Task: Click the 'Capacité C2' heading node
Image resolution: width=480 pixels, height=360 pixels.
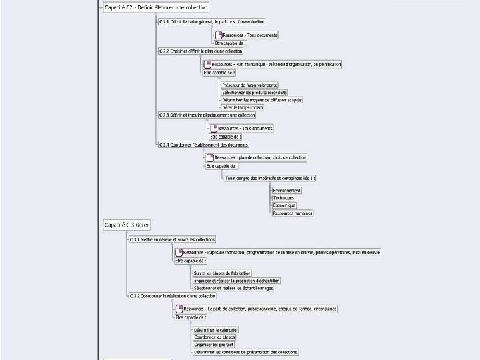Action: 156,8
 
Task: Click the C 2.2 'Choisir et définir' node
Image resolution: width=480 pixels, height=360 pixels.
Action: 201,51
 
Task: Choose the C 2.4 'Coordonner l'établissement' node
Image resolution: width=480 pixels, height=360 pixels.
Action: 203,144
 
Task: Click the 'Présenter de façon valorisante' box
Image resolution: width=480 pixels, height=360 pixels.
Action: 249,85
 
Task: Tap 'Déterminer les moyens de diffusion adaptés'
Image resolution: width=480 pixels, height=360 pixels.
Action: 262,99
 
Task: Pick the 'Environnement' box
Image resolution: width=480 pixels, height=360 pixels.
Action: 287,190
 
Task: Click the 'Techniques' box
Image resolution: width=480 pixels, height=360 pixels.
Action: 283,198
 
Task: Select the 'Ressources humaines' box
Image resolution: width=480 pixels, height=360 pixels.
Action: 292,213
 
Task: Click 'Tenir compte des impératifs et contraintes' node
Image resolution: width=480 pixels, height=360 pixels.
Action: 270,178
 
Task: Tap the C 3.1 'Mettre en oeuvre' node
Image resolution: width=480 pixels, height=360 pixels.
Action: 172,239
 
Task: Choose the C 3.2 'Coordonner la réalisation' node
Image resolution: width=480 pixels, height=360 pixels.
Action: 172,295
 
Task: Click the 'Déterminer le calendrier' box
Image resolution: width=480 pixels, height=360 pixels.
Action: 215,329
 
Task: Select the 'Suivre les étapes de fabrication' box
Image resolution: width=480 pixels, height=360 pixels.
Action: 222,273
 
